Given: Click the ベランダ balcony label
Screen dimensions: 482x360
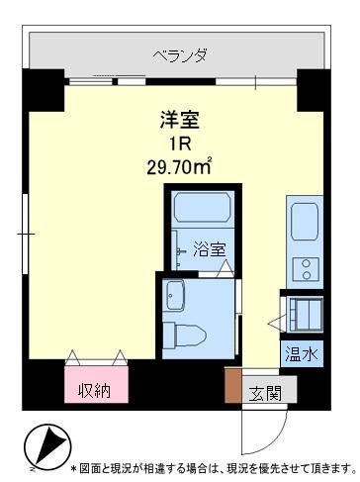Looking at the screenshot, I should point(179,55).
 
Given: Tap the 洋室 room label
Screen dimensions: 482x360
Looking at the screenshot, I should point(180,121).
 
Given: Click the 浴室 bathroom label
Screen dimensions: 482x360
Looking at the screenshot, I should point(209,247).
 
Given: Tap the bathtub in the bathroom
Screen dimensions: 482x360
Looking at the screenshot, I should point(202,211).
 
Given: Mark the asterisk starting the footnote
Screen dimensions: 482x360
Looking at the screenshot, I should point(74,466).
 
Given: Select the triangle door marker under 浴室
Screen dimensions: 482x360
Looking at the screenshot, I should point(225,267).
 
